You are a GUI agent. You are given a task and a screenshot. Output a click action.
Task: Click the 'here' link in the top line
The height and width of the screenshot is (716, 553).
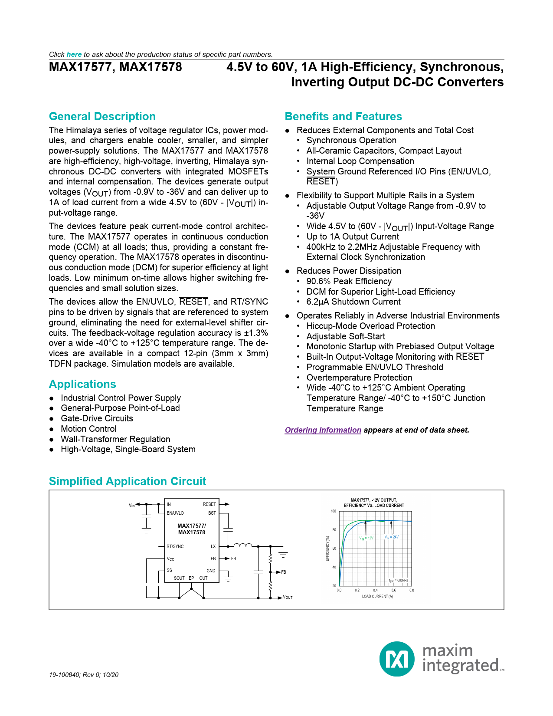click(74, 54)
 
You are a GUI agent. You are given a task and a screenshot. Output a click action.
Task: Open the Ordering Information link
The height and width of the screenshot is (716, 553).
click(323, 430)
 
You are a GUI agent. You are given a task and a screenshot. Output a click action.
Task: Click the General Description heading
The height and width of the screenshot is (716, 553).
click(102, 116)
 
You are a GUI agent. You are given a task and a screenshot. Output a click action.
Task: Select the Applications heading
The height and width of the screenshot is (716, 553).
click(82, 384)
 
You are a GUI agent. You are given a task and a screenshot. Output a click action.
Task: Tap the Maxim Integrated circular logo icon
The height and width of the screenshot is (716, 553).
click(397, 659)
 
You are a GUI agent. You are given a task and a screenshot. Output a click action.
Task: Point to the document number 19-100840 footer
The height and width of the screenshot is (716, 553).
click(84, 675)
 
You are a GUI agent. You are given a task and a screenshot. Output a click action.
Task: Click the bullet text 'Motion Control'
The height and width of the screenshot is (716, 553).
click(88, 429)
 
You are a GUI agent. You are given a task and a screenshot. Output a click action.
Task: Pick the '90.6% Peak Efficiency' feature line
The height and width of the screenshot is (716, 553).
click(349, 281)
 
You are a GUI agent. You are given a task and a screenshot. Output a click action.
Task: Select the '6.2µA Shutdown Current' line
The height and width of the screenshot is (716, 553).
click(353, 302)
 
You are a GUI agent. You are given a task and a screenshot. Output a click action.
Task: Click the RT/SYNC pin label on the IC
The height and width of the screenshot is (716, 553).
click(175, 546)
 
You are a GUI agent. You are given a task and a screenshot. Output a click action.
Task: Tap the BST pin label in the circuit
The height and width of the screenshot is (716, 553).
click(212, 513)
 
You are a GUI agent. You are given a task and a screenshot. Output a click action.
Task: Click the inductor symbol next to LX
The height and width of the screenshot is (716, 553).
click(243, 545)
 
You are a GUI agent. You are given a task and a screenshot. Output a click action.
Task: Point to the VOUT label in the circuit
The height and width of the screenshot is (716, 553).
click(288, 598)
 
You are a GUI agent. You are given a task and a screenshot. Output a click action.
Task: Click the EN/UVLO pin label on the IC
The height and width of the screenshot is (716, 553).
click(175, 513)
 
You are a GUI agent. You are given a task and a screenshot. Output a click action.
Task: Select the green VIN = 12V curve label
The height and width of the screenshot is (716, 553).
click(366, 538)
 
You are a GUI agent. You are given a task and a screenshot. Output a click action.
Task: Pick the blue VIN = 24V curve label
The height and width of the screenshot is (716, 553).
click(391, 537)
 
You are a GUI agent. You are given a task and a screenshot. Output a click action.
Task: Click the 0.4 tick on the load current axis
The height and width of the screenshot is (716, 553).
click(376, 590)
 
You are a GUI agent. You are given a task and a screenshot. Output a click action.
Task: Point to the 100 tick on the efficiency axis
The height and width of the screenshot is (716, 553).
click(334, 511)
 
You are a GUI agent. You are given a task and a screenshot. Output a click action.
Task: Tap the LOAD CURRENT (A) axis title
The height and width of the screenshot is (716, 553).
click(377, 596)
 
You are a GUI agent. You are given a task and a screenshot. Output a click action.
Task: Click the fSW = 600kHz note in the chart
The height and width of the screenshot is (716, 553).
click(398, 581)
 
